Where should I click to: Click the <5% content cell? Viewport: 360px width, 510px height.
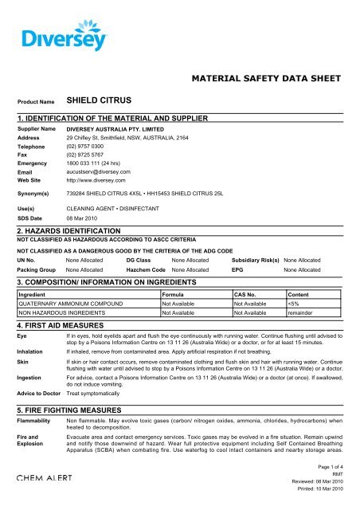[295, 304]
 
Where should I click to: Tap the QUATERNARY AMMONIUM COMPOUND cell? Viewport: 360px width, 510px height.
[70, 304]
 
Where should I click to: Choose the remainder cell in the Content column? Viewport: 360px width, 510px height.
[302, 313]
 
